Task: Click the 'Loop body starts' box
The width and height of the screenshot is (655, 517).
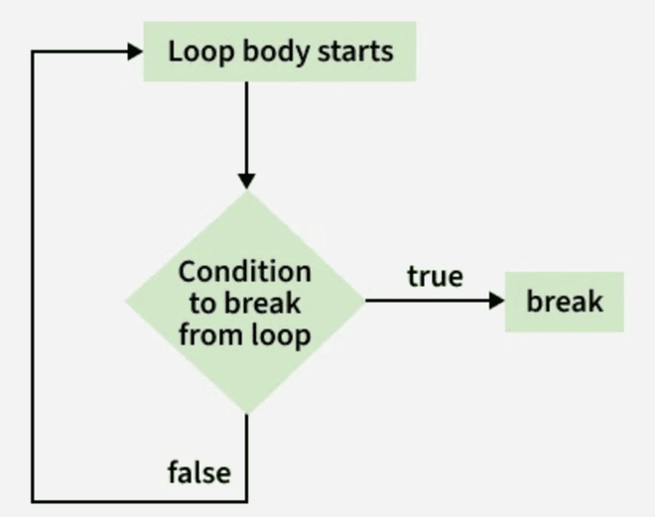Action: (x=280, y=52)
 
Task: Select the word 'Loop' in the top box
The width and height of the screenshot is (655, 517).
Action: (x=191, y=52)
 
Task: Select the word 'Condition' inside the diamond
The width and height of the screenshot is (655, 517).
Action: (x=245, y=271)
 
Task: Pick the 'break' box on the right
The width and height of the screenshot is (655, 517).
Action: (x=564, y=301)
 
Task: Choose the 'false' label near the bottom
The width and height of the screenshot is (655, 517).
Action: (x=198, y=471)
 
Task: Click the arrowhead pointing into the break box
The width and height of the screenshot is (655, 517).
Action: (x=497, y=301)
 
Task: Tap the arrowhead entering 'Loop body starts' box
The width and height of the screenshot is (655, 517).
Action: (x=136, y=52)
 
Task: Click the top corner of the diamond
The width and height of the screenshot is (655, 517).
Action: (x=246, y=193)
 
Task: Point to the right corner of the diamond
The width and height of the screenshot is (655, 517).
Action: (x=365, y=301)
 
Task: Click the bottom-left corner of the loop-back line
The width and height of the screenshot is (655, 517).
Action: (x=34, y=500)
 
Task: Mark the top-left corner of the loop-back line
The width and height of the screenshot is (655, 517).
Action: (x=34, y=52)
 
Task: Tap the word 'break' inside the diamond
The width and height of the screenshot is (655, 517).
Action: (x=267, y=303)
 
